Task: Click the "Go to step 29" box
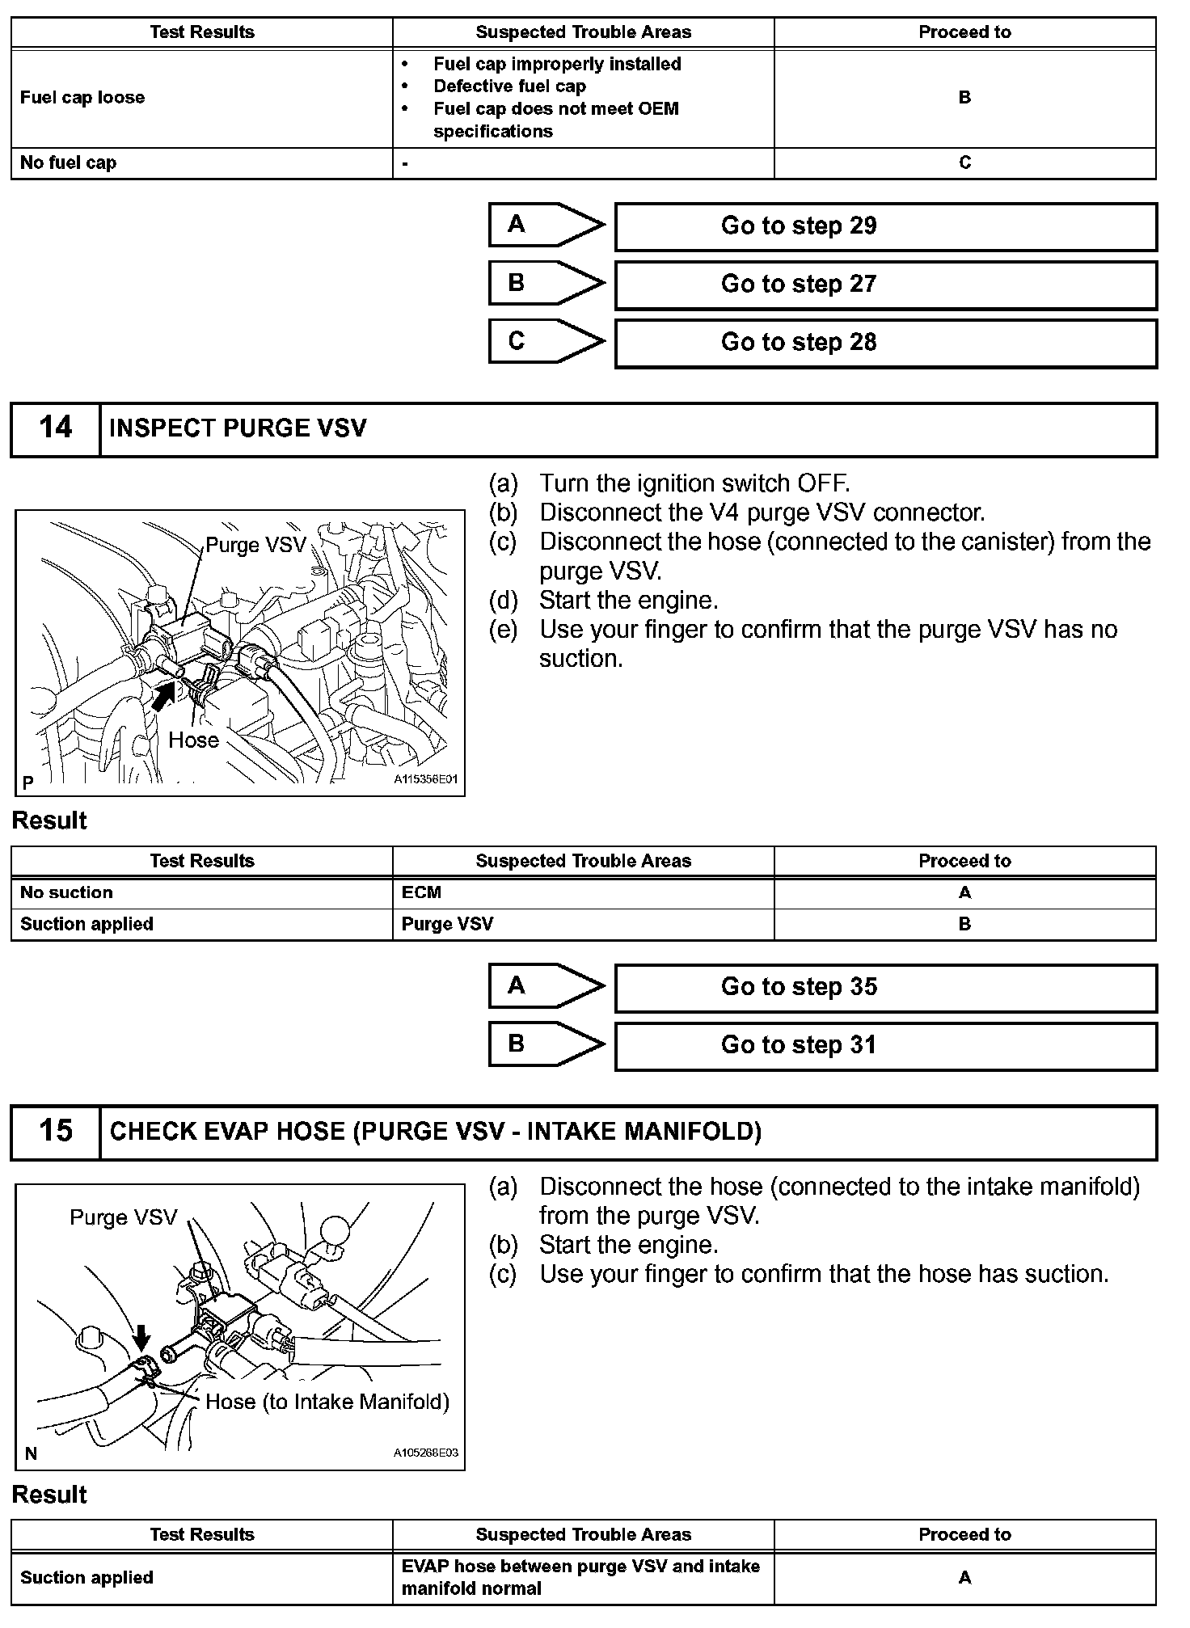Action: (886, 226)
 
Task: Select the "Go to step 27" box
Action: (886, 285)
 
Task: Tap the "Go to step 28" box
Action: (886, 343)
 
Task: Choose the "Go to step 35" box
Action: (886, 987)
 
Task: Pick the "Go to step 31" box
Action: (886, 1045)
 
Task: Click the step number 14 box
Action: (56, 429)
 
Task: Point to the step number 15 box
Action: (56, 1132)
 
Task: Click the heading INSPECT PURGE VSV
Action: (238, 428)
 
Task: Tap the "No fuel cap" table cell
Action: (202, 163)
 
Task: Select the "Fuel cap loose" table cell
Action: (202, 98)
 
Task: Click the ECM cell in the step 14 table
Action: (584, 893)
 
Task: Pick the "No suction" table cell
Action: (202, 893)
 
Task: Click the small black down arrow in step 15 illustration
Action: (141, 1338)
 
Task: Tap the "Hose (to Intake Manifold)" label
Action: (327, 1402)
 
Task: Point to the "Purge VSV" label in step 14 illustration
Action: (256, 545)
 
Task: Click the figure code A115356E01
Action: (426, 780)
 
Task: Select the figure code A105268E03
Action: (426, 1453)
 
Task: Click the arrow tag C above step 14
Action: (546, 342)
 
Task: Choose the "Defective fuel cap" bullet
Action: (510, 86)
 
